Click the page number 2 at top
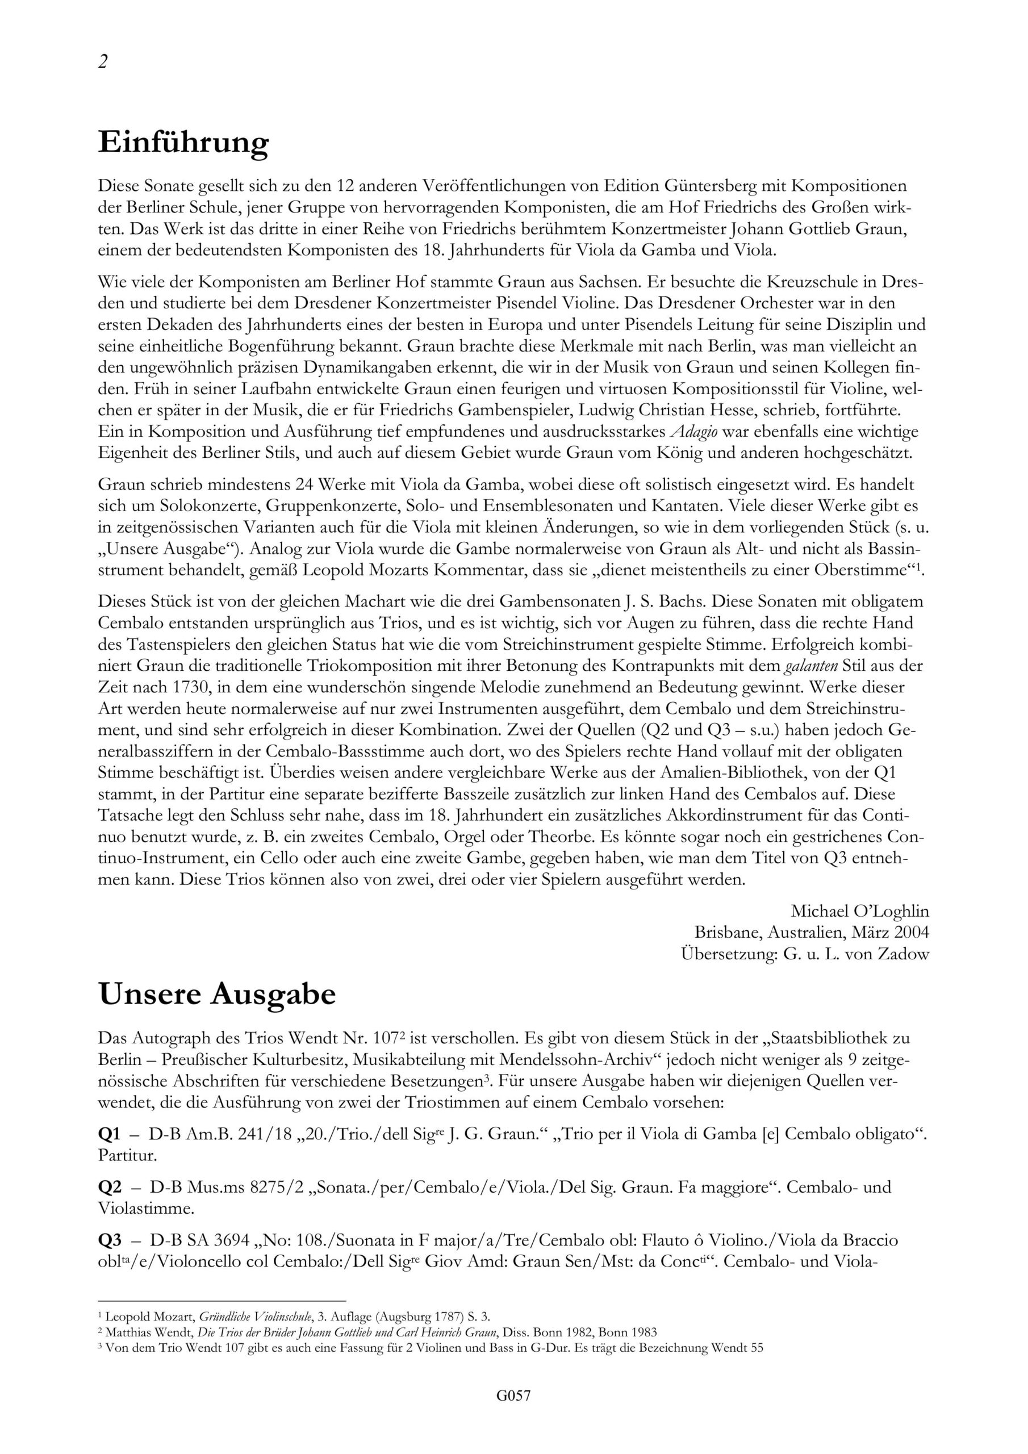pyautogui.click(x=103, y=62)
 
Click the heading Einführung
pyautogui.click(x=183, y=144)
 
